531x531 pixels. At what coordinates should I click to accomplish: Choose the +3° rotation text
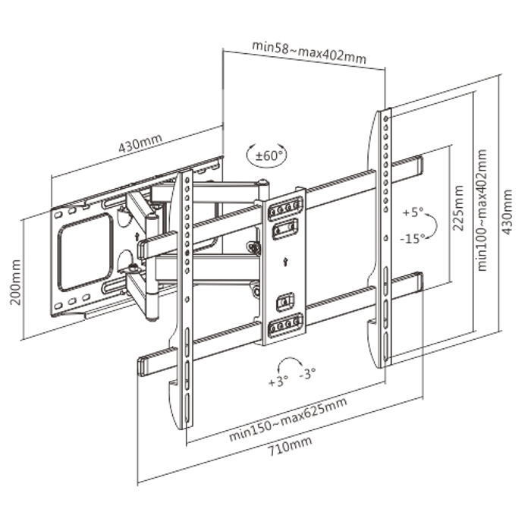point(278,382)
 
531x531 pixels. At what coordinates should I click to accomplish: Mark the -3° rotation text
point(308,374)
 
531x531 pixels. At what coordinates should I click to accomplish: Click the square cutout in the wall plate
point(86,250)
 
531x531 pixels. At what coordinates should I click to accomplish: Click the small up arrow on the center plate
point(282,264)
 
